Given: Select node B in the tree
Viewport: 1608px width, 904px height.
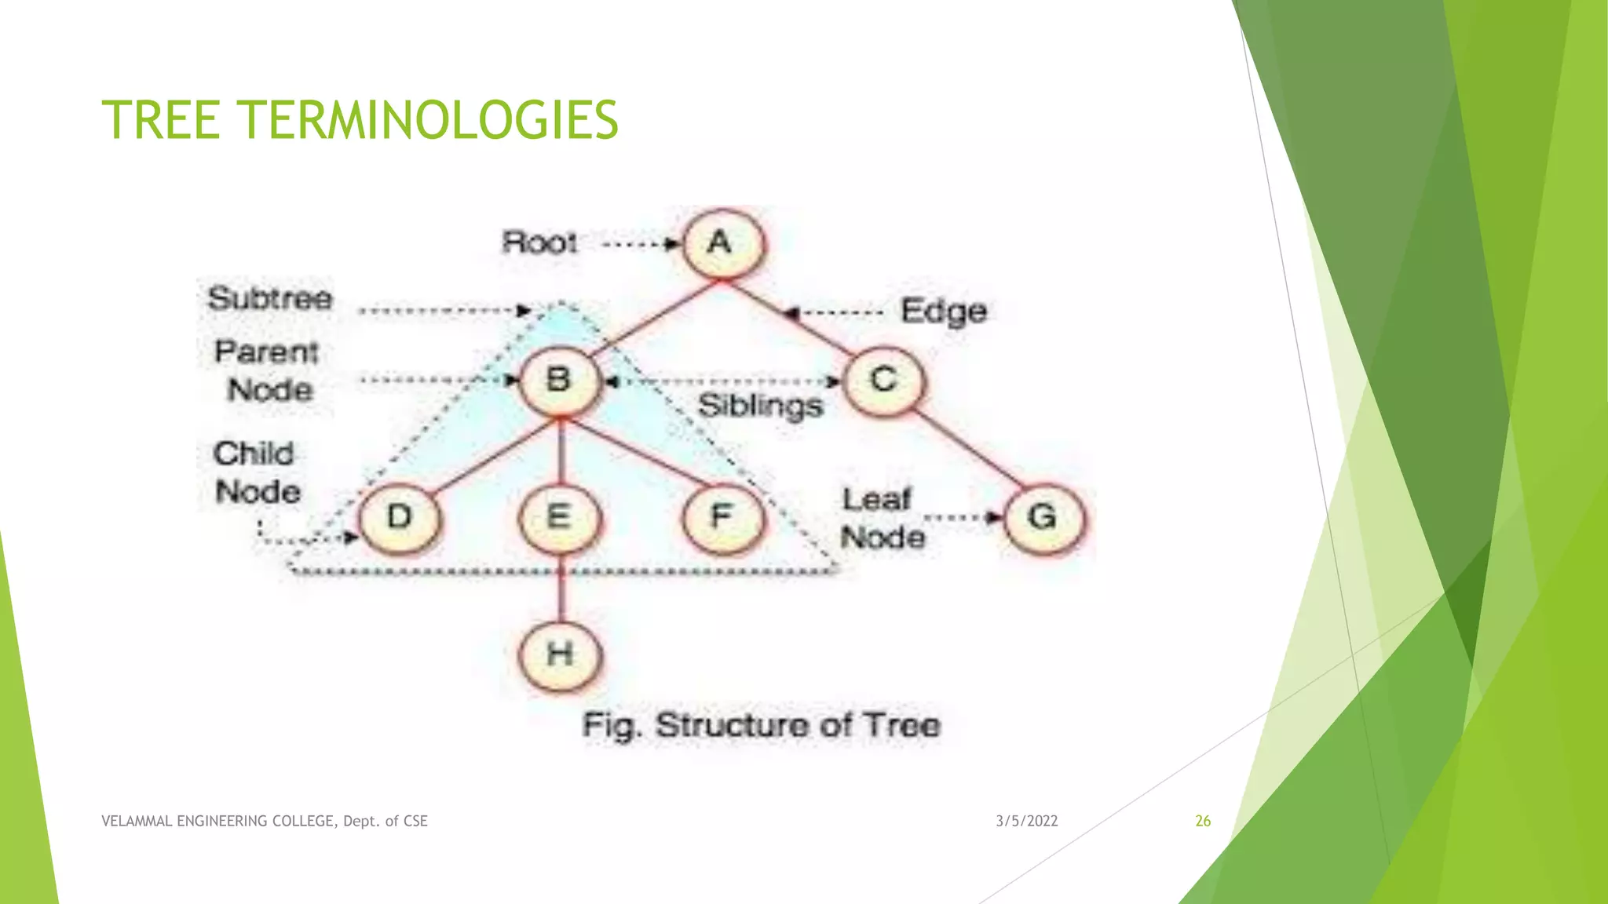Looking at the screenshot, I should (x=559, y=381).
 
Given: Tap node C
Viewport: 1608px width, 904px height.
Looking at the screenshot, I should (x=884, y=381).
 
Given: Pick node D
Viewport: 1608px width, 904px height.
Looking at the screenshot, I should (x=400, y=517).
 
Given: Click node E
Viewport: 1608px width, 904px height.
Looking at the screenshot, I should (x=559, y=517).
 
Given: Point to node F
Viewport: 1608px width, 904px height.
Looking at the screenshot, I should (x=722, y=517).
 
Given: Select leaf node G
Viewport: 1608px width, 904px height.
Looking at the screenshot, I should (x=1043, y=517).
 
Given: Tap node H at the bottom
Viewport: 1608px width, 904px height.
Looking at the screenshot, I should (x=560, y=654).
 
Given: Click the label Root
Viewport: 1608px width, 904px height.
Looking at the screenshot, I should (x=539, y=242).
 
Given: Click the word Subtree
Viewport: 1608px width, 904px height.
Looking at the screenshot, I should (x=270, y=299).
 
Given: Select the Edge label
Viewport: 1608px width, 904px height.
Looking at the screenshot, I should (x=943, y=312).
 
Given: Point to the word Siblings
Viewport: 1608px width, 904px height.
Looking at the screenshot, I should (x=760, y=406).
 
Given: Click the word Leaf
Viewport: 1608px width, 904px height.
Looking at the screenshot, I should (x=876, y=500).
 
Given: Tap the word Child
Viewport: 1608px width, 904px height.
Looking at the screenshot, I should (x=254, y=454).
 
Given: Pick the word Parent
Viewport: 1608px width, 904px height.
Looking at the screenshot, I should (x=266, y=352).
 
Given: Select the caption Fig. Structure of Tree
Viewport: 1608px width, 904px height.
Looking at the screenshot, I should (x=760, y=725).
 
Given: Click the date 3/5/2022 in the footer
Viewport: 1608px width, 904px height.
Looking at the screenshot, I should (x=1026, y=821).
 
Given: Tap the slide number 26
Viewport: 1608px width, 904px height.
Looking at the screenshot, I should (x=1202, y=821).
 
